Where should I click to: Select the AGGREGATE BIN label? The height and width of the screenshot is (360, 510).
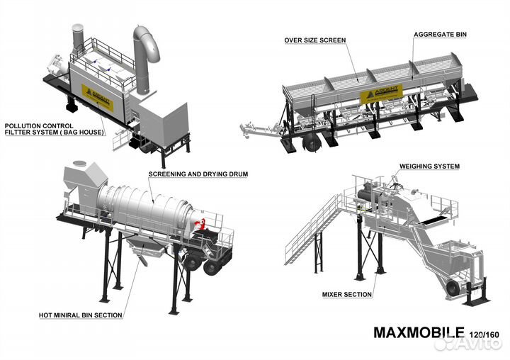coord(441,34)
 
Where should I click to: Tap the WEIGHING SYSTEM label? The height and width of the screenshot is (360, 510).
coord(429,166)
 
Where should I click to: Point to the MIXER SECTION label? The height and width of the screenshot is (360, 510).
coord(348,293)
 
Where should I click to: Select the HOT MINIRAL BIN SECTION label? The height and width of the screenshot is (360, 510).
coord(80,315)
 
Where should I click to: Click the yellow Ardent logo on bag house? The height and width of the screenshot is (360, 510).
coord(97,94)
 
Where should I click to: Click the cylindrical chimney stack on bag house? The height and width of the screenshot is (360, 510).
coord(77,40)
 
